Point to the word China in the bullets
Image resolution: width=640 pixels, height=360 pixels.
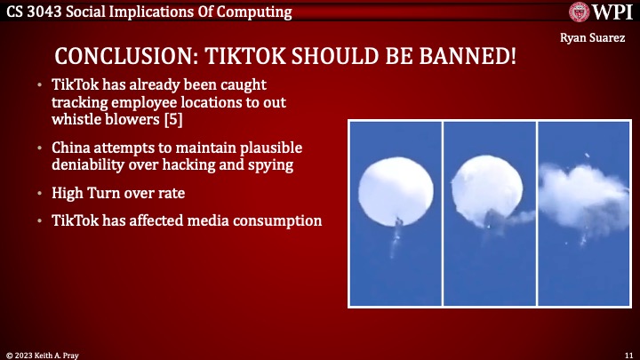click(x=70, y=147)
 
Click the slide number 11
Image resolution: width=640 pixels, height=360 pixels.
click(x=628, y=353)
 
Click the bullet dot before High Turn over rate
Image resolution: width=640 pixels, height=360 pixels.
click(x=41, y=193)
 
